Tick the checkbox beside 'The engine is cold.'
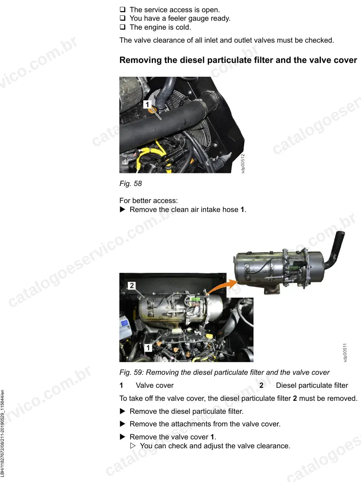(x=122, y=27)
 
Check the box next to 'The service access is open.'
(x=122, y=9)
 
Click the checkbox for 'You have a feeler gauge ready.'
(x=122, y=18)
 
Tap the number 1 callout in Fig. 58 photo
(x=147, y=104)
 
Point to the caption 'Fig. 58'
(x=131, y=184)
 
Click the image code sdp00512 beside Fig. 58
(x=243, y=164)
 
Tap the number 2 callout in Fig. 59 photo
(x=131, y=285)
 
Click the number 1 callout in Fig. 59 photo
(x=148, y=348)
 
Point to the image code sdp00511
(x=345, y=352)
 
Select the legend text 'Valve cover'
(x=155, y=385)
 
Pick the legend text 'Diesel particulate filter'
(x=312, y=385)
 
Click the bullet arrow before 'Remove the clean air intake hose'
(x=122, y=210)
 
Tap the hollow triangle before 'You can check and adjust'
(x=133, y=446)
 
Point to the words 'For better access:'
(x=148, y=201)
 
